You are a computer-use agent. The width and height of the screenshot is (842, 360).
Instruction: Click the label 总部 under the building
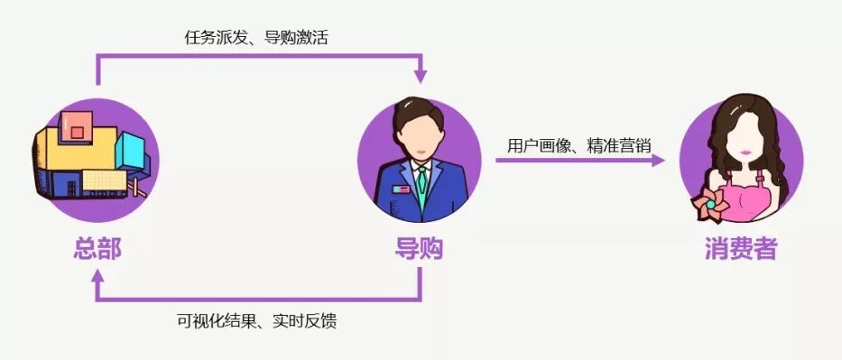[97, 248]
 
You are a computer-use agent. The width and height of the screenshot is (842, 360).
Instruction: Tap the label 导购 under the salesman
[419, 248]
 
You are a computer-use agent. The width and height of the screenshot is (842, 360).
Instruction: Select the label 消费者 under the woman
[741, 248]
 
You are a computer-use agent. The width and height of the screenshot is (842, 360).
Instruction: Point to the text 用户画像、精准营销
[579, 143]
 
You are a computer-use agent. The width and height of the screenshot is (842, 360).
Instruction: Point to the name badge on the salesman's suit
[398, 189]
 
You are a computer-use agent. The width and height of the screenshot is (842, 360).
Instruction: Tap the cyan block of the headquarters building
[129, 149]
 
